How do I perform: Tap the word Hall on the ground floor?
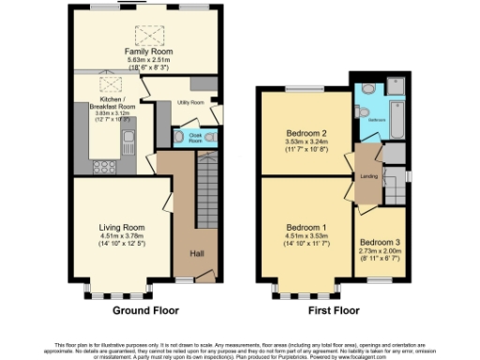pos(197,254)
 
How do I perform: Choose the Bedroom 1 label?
pos(305,228)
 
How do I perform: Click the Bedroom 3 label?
pos(380,242)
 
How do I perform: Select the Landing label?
pos(369,175)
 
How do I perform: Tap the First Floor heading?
pos(335,309)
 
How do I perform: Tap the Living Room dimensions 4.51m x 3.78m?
pos(122,236)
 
